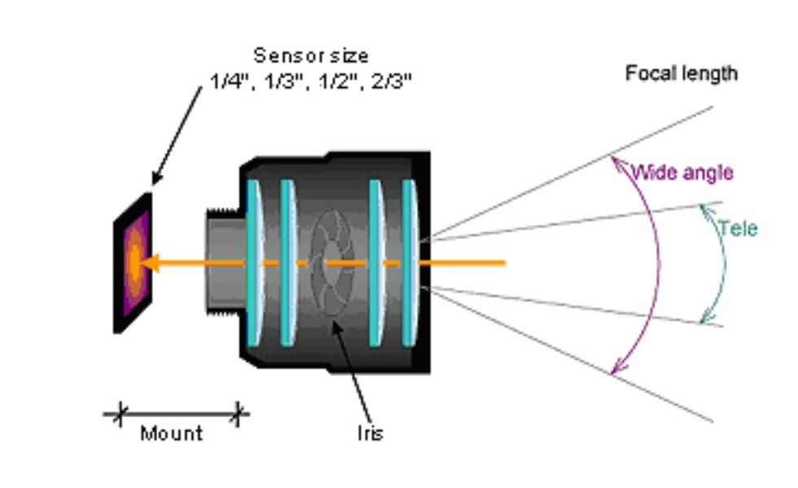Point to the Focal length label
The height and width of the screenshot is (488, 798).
[681, 73]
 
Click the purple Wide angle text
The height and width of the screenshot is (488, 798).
[682, 172]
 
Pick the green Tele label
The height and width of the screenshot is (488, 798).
[738, 229]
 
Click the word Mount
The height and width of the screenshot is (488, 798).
[171, 434]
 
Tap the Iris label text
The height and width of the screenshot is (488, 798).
[369, 434]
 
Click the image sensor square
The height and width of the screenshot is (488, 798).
[133, 262]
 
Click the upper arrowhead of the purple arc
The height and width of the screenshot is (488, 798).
[616, 162]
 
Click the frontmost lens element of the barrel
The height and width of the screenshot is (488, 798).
[410, 263]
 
